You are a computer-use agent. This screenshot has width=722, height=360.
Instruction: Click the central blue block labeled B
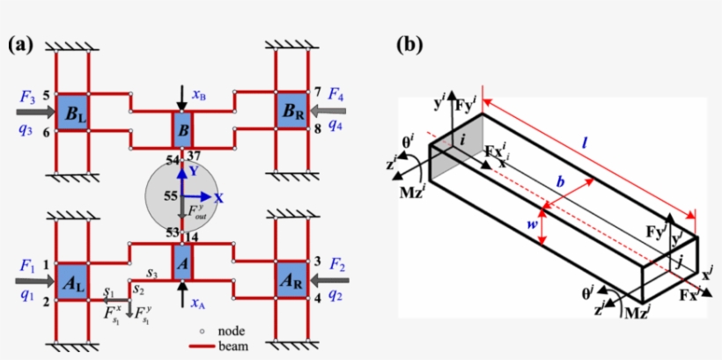pyautogui.click(x=181, y=130)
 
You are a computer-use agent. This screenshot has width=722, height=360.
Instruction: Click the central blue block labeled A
pyautogui.click(x=181, y=262)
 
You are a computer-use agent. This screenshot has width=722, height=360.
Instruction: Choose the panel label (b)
pyautogui.click(x=410, y=44)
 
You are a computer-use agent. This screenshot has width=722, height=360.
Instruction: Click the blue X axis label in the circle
pyautogui.click(x=219, y=198)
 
